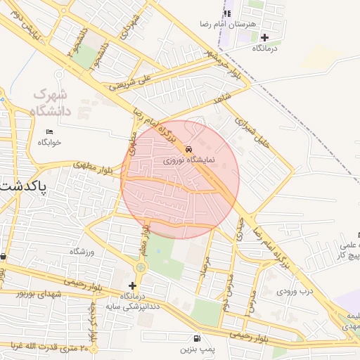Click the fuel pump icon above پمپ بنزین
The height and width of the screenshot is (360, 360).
pyautogui.click(x=196, y=337)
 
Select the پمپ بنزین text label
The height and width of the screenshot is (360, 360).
pyautogui.click(x=195, y=349)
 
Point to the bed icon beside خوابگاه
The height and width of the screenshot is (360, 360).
pyautogui.click(x=49, y=131)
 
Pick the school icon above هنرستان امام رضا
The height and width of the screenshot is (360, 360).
pyautogui.click(x=227, y=13)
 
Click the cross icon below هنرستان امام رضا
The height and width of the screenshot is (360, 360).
pyautogui.click(x=264, y=37)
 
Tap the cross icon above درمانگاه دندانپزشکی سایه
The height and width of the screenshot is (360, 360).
pyautogui.click(x=132, y=285)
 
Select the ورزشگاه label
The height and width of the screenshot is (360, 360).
pyautogui.click(x=82, y=251)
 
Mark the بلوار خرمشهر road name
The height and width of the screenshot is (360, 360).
pyautogui.click(x=224, y=67)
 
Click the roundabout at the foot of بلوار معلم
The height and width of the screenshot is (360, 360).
pyautogui.click(x=141, y=267)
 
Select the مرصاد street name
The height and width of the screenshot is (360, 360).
pyautogui.click(x=205, y=269)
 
